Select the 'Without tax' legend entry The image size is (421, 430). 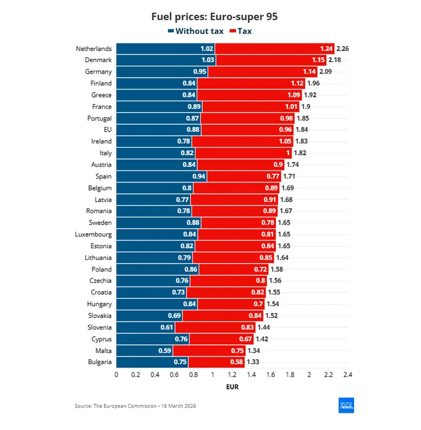[x=196, y=31]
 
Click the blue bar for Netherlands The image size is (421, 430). [x=165, y=48]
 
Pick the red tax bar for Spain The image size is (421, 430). [x=244, y=176]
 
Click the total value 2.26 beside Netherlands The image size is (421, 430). [x=343, y=48]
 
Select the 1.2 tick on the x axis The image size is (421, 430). [x=232, y=375]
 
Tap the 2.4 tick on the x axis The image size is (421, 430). [x=347, y=375]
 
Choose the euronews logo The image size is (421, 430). [x=346, y=405]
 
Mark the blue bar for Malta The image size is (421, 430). [x=144, y=351]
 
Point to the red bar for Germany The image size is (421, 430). [x=263, y=72]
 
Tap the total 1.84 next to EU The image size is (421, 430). [x=302, y=129]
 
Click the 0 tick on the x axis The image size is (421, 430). [x=116, y=375]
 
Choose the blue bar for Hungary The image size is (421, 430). [x=156, y=304]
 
